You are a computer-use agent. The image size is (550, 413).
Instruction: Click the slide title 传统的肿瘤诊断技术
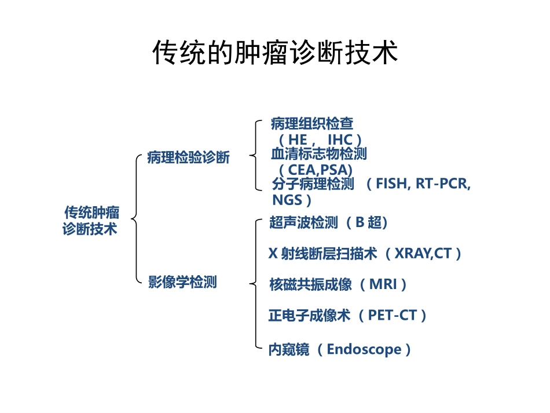(275, 53)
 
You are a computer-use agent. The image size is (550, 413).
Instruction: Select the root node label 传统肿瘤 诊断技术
(91, 221)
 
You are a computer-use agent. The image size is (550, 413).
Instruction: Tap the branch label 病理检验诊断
(188, 158)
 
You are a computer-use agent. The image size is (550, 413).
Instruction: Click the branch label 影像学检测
(182, 282)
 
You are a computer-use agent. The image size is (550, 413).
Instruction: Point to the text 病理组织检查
(311, 123)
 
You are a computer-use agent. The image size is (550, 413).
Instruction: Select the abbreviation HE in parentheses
(298, 140)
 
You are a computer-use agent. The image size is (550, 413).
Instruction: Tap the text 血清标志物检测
(318, 154)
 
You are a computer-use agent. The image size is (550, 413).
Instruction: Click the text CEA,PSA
(315, 170)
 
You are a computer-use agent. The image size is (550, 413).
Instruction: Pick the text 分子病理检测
(313, 185)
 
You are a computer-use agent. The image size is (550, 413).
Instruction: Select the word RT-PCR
(444, 185)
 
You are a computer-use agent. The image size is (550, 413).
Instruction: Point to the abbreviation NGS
(287, 200)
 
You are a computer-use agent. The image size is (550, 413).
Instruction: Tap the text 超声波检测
(303, 222)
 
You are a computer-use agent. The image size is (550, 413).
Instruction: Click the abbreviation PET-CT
(392, 315)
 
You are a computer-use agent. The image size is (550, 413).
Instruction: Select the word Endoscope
(364, 349)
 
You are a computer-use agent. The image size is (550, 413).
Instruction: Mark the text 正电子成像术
(309, 315)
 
